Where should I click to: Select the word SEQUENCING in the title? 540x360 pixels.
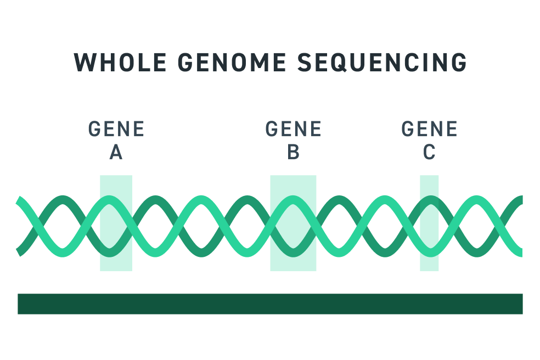(383, 63)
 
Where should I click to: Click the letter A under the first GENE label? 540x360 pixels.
(116, 152)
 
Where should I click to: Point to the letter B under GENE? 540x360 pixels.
(293, 152)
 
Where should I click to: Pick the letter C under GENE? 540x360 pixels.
(429, 152)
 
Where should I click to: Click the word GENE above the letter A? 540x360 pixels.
(116, 130)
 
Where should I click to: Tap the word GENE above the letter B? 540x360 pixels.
(293, 130)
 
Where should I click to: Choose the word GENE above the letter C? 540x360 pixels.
(429, 130)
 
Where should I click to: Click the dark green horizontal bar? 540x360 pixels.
(270, 303)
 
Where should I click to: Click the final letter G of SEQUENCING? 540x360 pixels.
(458, 63)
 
